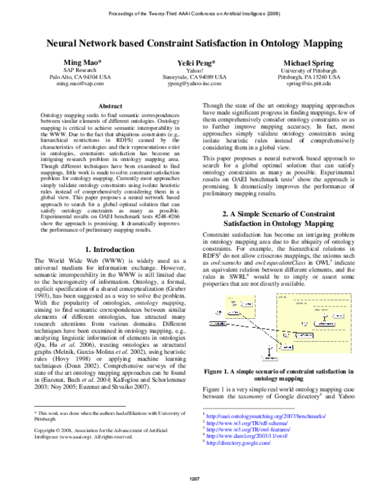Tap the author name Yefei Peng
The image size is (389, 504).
tap(194, 62)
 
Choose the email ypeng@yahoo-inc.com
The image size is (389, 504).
tap(194, 84)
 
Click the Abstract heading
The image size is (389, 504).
tap(109, 105)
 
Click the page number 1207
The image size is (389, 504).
tap(194, 496)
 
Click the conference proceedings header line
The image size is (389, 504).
tap(194, 12)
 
